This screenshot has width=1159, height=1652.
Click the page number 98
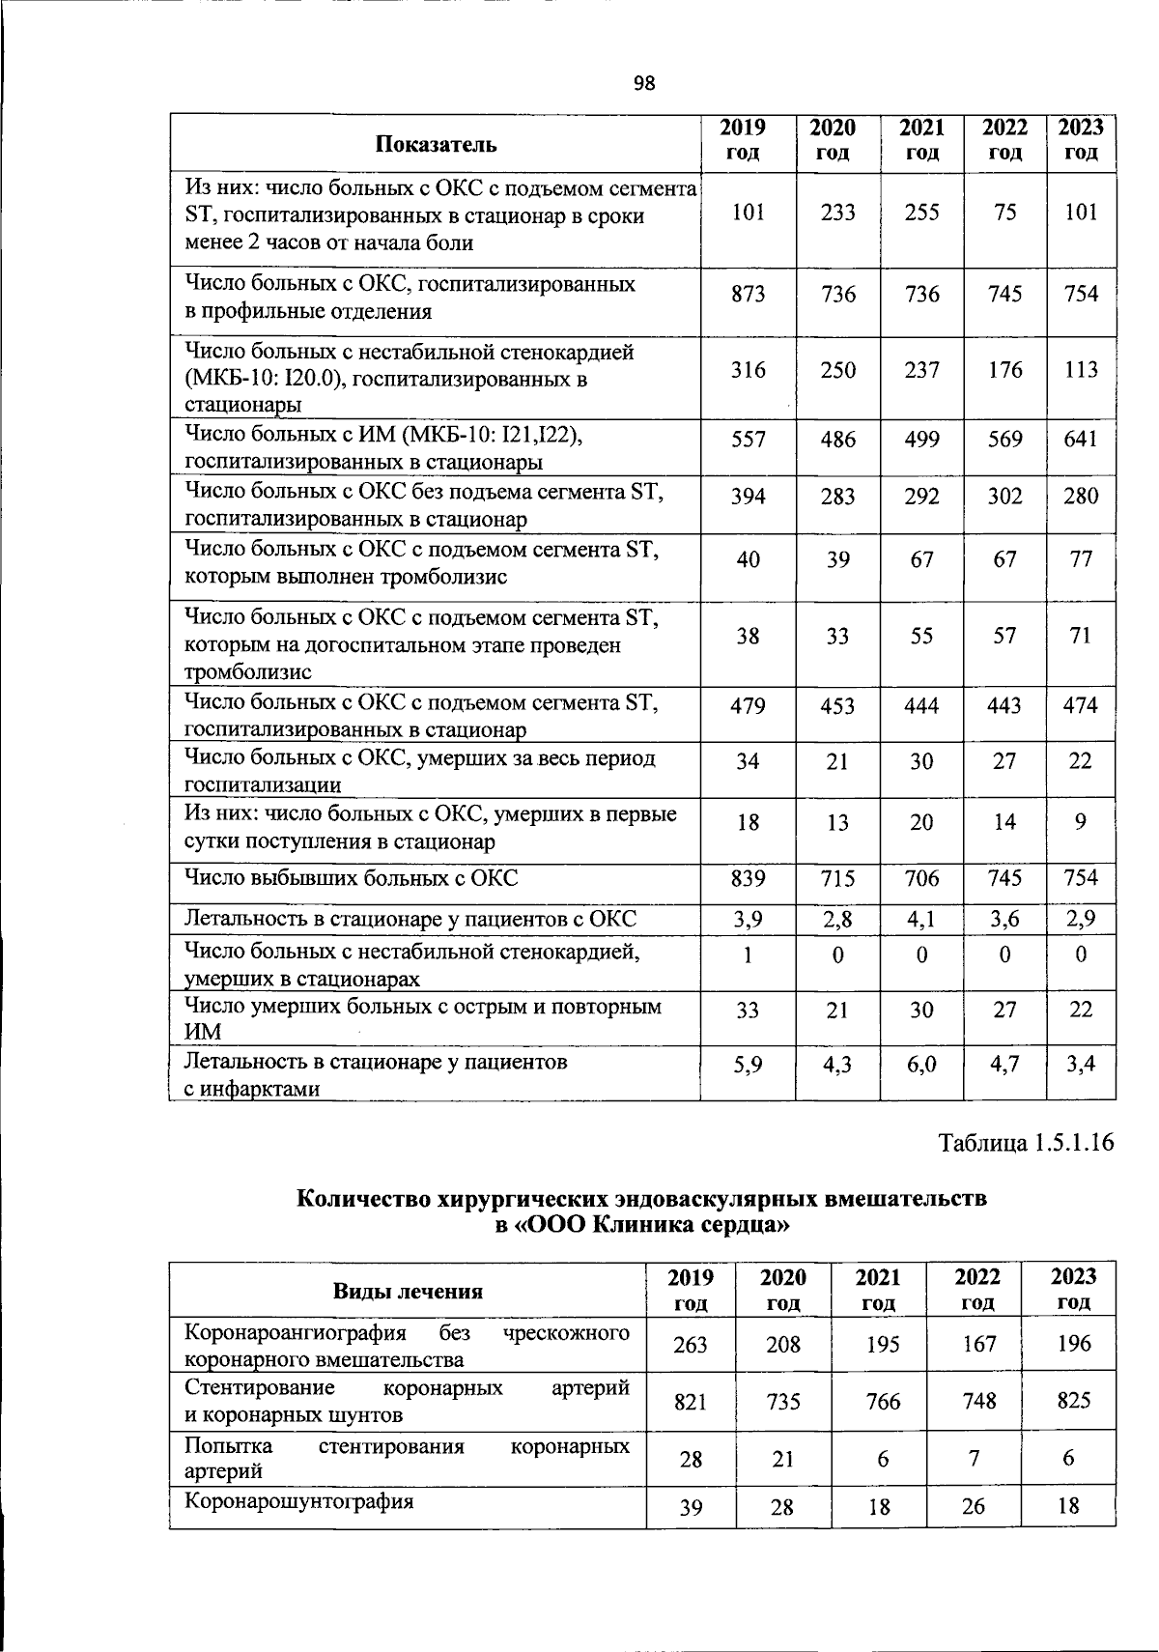[x=644, y=84]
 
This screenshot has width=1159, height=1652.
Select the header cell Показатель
[x=436, y=145]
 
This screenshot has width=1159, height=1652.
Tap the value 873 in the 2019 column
[x=748, y=294]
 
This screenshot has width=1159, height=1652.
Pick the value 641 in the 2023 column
[x=1080, y=440]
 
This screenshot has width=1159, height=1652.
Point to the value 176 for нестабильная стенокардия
[x=1004, y=370]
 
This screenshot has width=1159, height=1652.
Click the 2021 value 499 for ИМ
[x=921, y=440]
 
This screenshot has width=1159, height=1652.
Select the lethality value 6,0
[x=921, y=1066]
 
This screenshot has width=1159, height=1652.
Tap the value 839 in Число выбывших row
[x=748, y=878]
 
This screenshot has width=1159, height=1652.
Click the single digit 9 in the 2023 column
[x=1080, y=822]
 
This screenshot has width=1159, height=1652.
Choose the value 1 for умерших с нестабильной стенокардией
[x=747, y=955]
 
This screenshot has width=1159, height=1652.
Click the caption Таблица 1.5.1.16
[x=1026, y=1143]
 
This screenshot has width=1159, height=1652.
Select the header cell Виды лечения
[x=408, y=1291]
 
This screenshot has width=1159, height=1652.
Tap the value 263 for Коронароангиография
[x=691, y=1344]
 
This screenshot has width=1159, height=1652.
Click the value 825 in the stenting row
[x=1073, y=1400]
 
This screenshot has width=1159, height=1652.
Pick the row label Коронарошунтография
[x=298, y=1502]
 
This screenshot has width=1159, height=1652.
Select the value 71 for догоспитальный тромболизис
[x=1080, y=636]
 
